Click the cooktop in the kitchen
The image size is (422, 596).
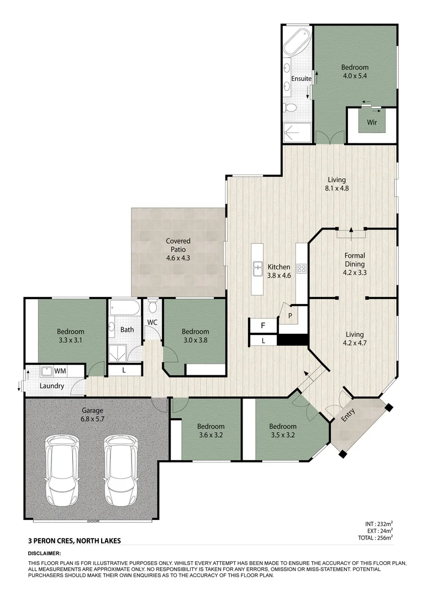tap(302, 269)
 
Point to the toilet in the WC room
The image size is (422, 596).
tap(153, 307)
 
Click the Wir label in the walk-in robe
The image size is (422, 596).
tap(372, 122)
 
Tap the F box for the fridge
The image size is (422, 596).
tap(263, 326)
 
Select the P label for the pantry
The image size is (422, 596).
tap(290, 316)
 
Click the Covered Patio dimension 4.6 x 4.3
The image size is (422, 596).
tap(178, 258)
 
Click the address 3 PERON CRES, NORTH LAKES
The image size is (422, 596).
tap(74, 541)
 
